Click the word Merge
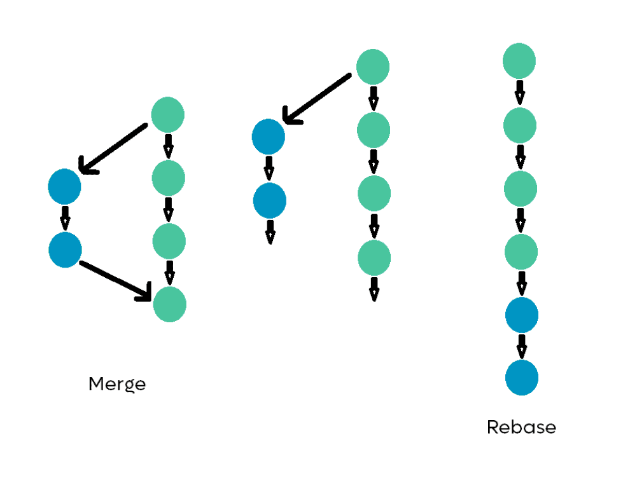[x=117, y=385]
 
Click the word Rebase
[x=521, y=427]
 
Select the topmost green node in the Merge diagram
[x=168, y=115]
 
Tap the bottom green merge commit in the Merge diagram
[x=170, y=304]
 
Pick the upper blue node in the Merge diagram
[x=64, y=187]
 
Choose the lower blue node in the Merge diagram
[x=65, y=250]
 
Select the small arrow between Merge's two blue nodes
[x=64, y=218]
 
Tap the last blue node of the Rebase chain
[x=522, y=378]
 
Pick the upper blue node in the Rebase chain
[x=522, y=315]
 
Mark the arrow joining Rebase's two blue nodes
[x=522, y=346]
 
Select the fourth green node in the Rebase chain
[x=521, y=252]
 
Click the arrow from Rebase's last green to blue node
[x=522, y=283]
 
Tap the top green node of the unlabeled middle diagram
[x=373, y=67]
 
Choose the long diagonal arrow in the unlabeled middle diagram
[x=316, y=99]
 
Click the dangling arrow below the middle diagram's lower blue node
[x=270, y=231]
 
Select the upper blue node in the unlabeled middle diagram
[x=269, y=137]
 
